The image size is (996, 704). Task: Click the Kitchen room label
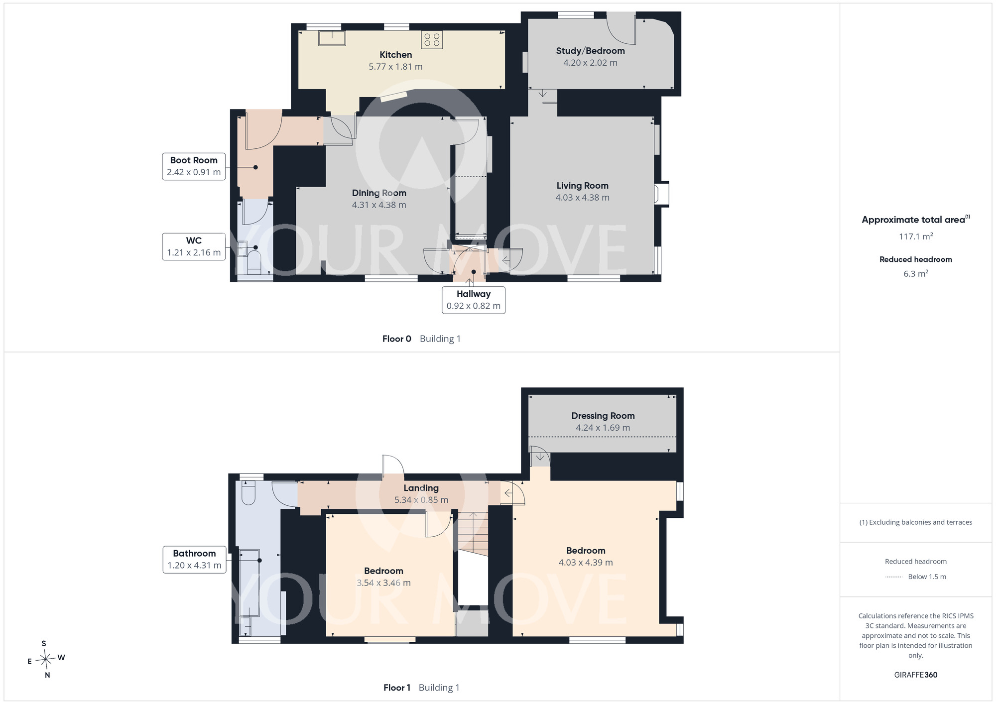tap(396, 55)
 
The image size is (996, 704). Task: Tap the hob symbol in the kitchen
tap(432, 40)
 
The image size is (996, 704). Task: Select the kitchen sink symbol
tap(332, 38)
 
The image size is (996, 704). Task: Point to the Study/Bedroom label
tap(590, 51)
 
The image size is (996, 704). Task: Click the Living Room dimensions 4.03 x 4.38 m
tap(582, 198)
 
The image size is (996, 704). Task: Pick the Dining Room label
tap(379, 193)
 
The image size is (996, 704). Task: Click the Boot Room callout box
tap(194, 166)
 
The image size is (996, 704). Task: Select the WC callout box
tap(194, 246)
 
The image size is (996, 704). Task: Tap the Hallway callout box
tap(474, 300)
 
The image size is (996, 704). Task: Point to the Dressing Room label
tap(603, 416)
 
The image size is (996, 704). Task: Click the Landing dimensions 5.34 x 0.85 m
tap(421, 500)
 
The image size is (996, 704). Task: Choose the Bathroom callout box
tap(194, 560)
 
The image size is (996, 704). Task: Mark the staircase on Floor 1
tap(473, 532)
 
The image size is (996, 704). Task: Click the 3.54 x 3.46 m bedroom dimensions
tap(383, 583)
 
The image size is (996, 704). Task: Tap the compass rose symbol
tap(46, 660)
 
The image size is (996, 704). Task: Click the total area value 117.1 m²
tap(916, 236)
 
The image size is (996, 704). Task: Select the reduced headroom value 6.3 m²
tap(916, 273)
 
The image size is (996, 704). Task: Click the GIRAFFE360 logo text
tap(916, 675)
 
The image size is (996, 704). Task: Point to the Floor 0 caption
tap(397, 339)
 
